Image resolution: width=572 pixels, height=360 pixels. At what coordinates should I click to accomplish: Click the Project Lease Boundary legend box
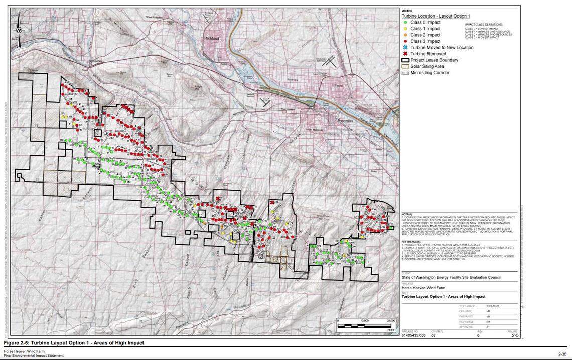pyautogui.click(x=405, y=60)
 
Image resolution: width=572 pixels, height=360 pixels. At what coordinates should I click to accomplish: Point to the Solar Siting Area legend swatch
pyautogui.click(x=405, y=66)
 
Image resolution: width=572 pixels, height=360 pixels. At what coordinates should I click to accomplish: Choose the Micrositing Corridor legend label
pyautogui.click(x=430, y=73)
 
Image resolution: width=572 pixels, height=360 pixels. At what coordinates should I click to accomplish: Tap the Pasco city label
pyautogui.click(x=338, y=86)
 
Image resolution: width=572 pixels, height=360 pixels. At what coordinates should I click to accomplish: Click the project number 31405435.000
pyautogui.click(x=414, y=335)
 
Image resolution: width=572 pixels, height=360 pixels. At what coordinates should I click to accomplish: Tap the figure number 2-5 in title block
pyautogui.click(x=515, y=335)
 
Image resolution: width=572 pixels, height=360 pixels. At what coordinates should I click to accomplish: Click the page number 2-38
pyautogui.click(x=561, y=354)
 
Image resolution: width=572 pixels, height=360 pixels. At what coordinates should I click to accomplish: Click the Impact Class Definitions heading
pyautogui.click(x=483, y=24)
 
